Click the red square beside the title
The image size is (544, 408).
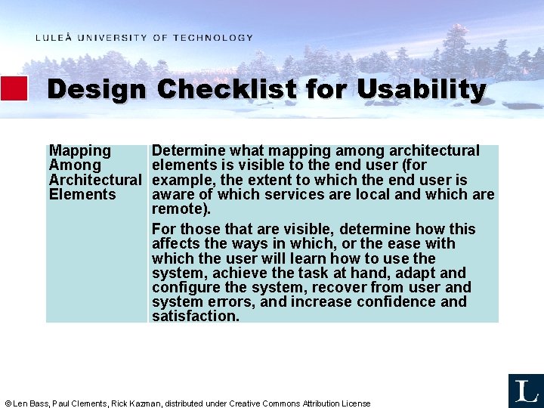click(14, 88)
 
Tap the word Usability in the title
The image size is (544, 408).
click(421, 90)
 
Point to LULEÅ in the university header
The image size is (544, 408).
click(54, 38)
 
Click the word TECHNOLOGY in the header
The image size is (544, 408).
click(213, 38)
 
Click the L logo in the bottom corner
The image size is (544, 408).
click(525, 391)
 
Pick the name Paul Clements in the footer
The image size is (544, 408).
click(79, 403)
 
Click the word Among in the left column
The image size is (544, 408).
click(75, 165)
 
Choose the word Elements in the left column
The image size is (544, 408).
click(82, 194)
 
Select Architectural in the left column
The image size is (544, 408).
click(95, 180)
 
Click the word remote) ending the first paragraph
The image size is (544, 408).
click(181, 209)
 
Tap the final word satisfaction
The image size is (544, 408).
click(195, 317)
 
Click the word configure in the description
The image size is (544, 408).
click(184, 288)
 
